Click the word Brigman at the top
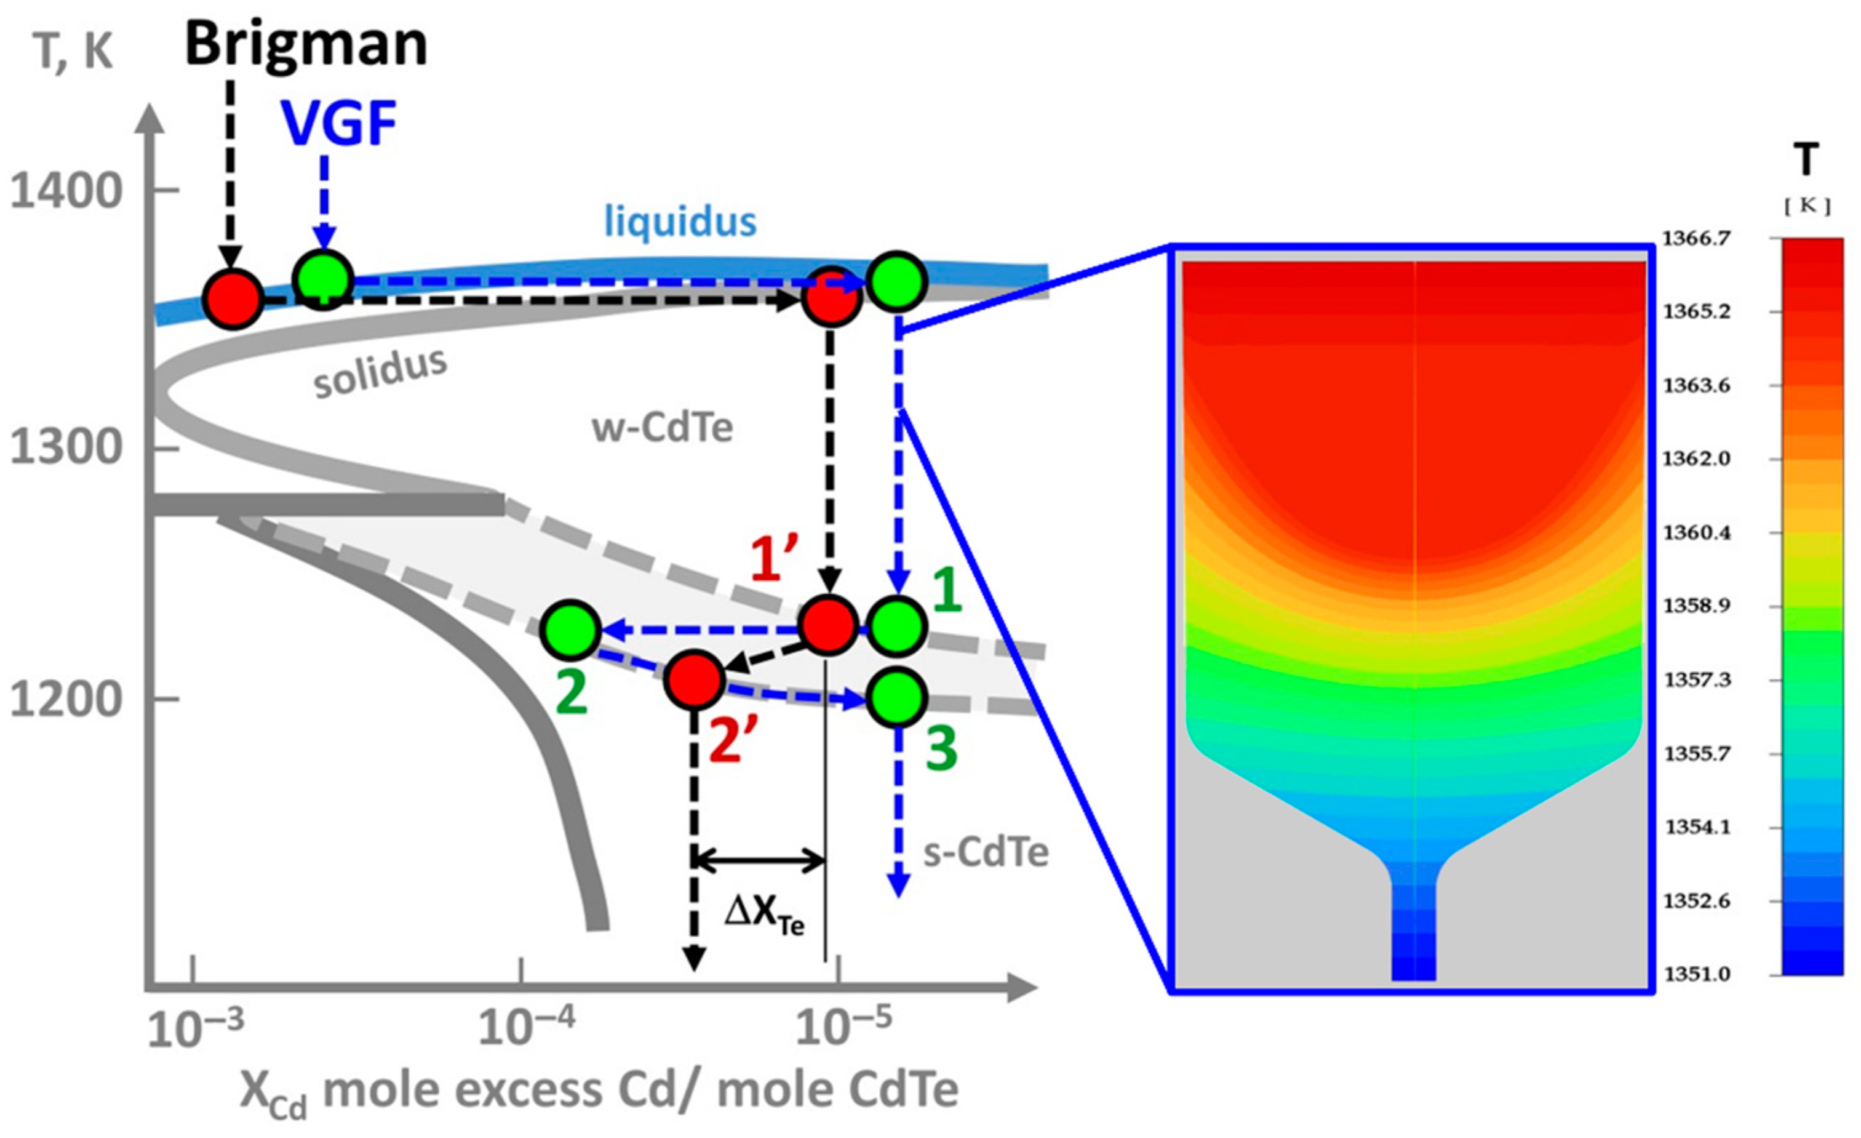tap(306, 44)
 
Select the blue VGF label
tap(339, 125)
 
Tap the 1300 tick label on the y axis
tap(66, 447)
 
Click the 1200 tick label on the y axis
tap(66, 700)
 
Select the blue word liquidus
tap(680, 222)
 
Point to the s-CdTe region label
tap(986, 852)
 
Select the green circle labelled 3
tap(896, 698)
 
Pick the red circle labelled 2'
tap(694, 679)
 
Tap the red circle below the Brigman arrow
tap(233, 299)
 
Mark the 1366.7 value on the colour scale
tap(1696, 239)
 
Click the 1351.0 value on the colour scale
tap(1696, 974)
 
